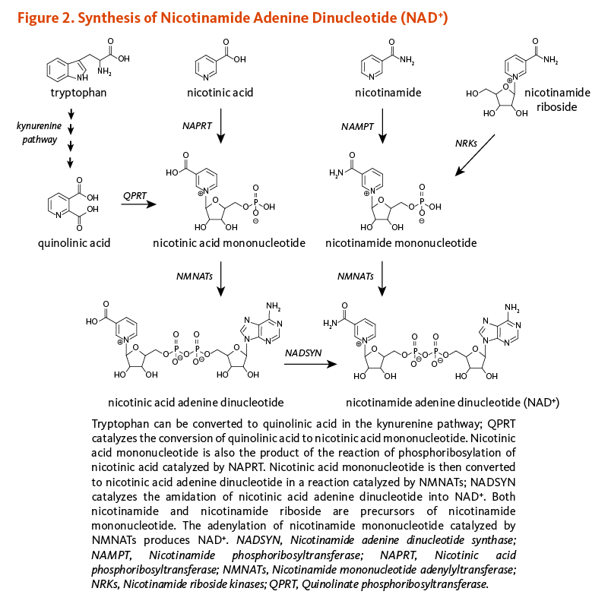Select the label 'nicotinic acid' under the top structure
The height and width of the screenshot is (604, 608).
coord(220,93)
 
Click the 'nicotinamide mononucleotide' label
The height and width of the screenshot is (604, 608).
coord(401,243)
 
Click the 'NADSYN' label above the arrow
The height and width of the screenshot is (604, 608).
coord(304,353)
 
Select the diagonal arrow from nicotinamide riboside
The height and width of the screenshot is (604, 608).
coord(476,155)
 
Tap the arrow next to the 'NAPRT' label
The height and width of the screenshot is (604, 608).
coord(221,125)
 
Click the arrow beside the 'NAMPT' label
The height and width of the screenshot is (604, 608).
coord(383,125)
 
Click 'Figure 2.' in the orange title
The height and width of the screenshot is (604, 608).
coord(37,17)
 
